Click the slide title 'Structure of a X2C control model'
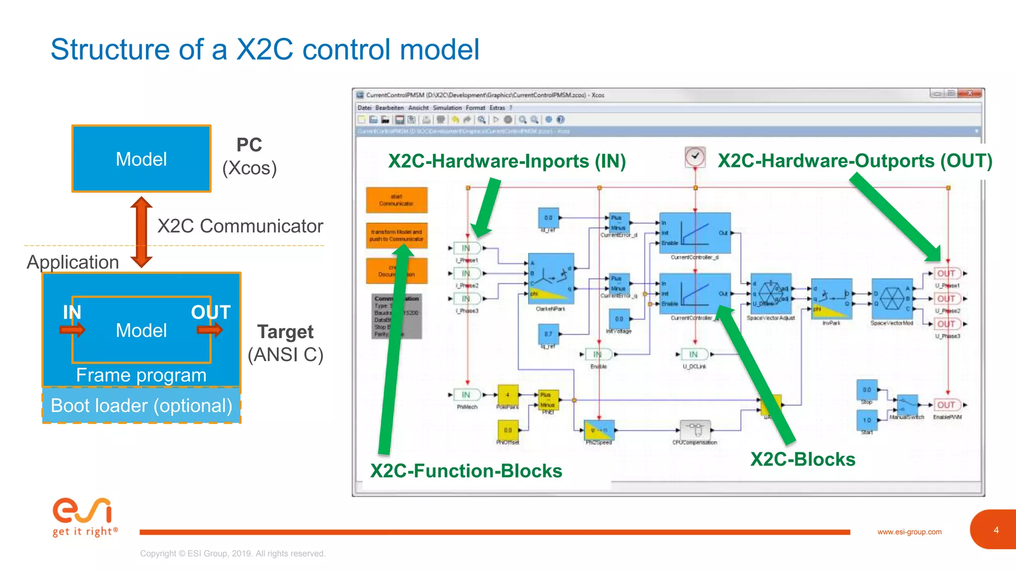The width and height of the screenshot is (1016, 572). pos(265,50)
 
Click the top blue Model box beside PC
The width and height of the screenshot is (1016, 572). pos(141,159)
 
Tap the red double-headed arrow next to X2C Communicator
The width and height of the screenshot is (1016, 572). pos(141,232)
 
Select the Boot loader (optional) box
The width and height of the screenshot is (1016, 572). pos(141,406)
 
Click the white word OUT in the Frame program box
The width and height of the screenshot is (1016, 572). pos(211,312)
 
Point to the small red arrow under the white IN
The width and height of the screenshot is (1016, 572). pos(72,330)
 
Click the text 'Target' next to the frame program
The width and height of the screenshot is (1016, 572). pos(285,332)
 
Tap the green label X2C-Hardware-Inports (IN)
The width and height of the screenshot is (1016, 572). pos(507,161)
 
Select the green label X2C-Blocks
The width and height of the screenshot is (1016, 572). pos(803,459)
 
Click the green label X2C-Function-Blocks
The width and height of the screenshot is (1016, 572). pos(466,471)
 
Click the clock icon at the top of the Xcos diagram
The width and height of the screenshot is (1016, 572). pos(695,157)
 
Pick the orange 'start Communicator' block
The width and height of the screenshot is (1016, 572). pos(396,200)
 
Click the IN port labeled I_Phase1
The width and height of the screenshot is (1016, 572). pos(466,248)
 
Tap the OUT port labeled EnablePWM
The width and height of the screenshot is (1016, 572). pos(947,405)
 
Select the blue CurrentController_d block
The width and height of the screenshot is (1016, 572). pos(695,232)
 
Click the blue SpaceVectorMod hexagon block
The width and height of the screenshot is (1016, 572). pos(892,298)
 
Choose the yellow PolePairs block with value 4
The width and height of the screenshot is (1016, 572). pos(508,395)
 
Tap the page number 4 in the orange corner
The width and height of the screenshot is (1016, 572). pos(996,530)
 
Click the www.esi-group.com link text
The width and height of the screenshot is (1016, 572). pos(909,532)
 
